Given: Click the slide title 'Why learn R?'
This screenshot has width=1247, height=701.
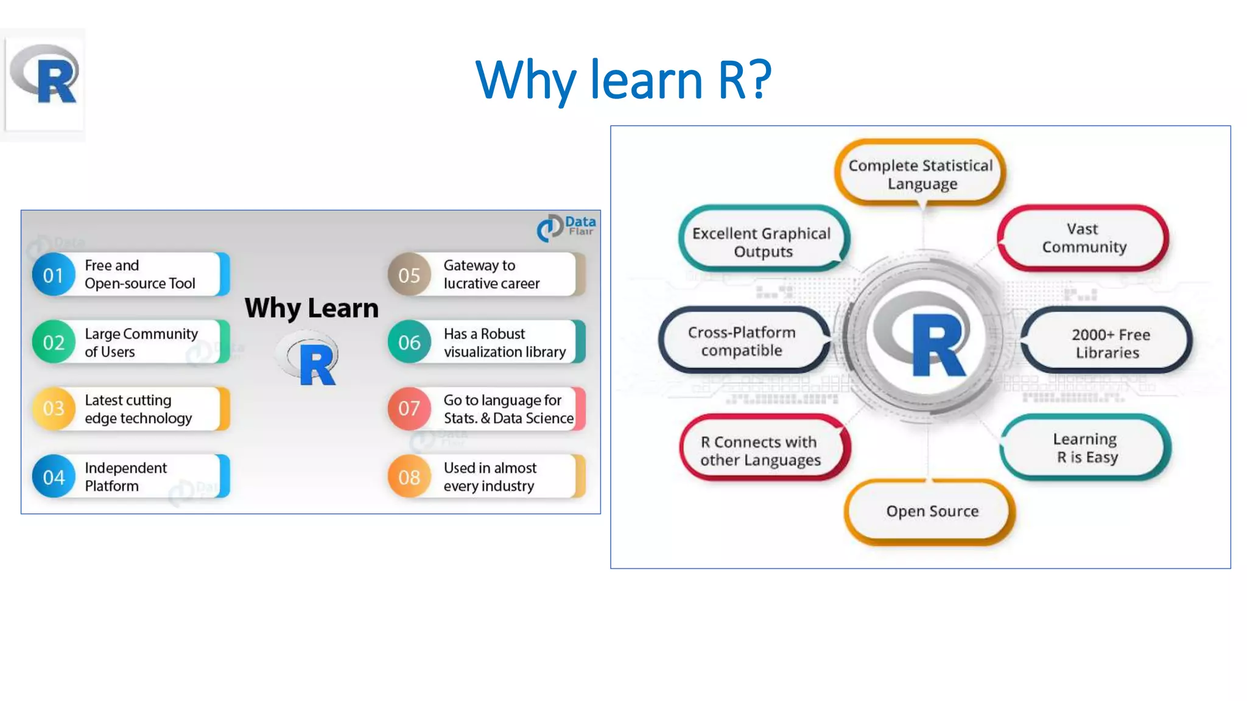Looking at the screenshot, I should [623, 80].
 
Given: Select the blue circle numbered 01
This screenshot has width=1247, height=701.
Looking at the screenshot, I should [54, 275].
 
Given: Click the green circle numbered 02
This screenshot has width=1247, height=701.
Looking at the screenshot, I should [54, 343].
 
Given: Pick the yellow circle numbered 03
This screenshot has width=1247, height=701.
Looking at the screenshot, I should [54, 408].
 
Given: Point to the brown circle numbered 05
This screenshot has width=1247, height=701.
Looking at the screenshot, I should [409, 275].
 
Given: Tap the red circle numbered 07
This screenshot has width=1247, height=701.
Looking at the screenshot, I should [409, 408].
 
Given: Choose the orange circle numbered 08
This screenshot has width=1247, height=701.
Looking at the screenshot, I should [409, 477].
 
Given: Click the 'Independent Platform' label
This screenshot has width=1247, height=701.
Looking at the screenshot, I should [125, 477].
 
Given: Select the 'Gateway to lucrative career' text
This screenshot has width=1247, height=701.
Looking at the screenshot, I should [491, 274].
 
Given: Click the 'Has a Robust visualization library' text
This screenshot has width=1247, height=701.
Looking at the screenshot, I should [504, 343].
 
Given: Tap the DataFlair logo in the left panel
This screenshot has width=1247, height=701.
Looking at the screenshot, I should [566, 228].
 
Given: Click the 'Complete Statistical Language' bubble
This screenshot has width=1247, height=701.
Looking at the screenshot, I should [921, 174].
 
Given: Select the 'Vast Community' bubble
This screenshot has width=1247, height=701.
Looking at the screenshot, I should [1083, 238].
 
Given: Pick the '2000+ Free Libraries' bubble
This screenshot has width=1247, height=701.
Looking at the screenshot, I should [1108, 343].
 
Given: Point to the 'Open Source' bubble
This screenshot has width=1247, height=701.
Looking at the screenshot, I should [932, 512].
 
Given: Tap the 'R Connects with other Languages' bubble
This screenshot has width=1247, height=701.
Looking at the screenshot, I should [761, 451].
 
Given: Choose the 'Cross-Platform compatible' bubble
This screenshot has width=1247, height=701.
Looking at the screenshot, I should [742, 341].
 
